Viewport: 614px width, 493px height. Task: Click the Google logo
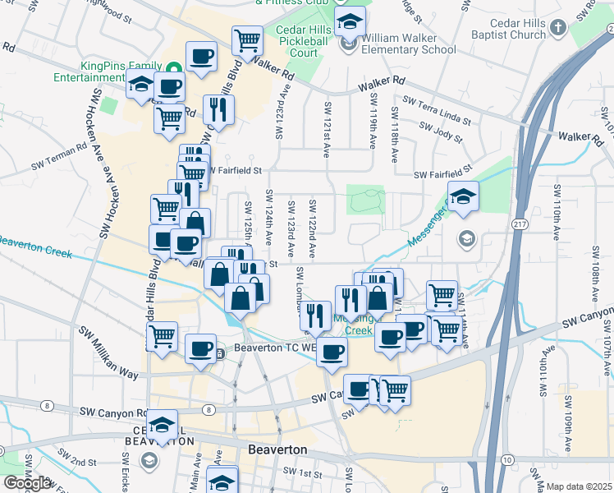(x=27, y=483)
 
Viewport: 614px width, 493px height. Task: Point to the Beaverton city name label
(x=277, y=450)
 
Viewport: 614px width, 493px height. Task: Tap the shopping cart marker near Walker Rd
(x=246, y=39)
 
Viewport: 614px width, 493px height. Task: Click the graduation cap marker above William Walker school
(x=351, y=21)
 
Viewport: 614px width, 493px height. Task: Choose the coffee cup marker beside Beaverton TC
(x=199, y=348)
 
